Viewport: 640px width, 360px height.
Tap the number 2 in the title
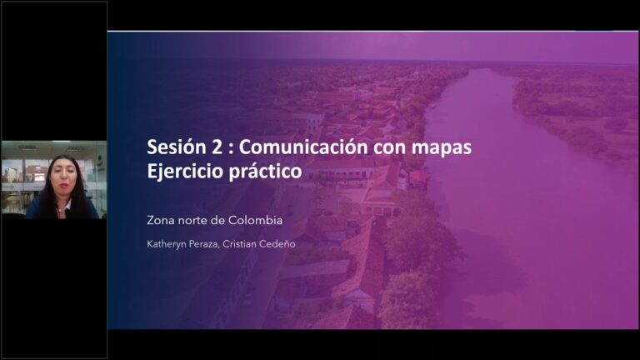click(217, 147)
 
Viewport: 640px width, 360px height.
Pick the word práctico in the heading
click(265, 172)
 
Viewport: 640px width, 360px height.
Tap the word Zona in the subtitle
click(160, 220)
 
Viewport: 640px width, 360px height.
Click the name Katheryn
click(166, 244)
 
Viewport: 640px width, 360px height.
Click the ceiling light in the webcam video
click(76, 148)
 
